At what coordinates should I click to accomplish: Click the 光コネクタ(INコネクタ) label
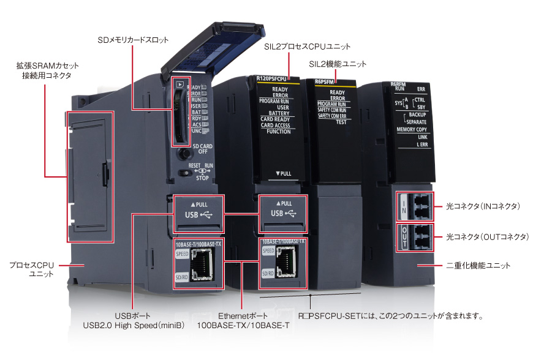click(483, 206)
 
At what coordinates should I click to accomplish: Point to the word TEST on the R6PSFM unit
click(341, 122)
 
